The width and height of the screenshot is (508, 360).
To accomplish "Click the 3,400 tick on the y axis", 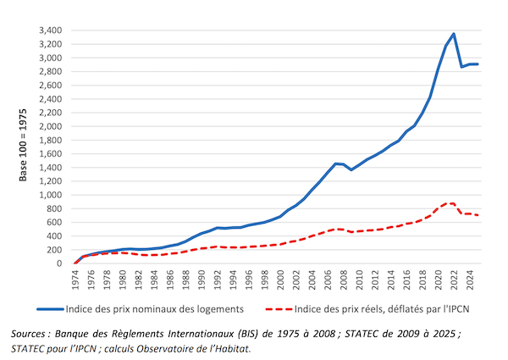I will pos(47,30).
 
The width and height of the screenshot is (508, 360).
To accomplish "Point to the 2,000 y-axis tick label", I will pos(47,126).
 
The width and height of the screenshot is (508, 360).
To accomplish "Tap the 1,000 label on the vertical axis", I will pos(47,195).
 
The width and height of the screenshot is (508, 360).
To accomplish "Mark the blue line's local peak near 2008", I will pos(337,163).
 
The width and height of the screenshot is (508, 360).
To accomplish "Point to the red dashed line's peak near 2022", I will pos(454,203).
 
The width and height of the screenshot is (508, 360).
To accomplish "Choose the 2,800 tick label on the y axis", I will pos(47,71).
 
